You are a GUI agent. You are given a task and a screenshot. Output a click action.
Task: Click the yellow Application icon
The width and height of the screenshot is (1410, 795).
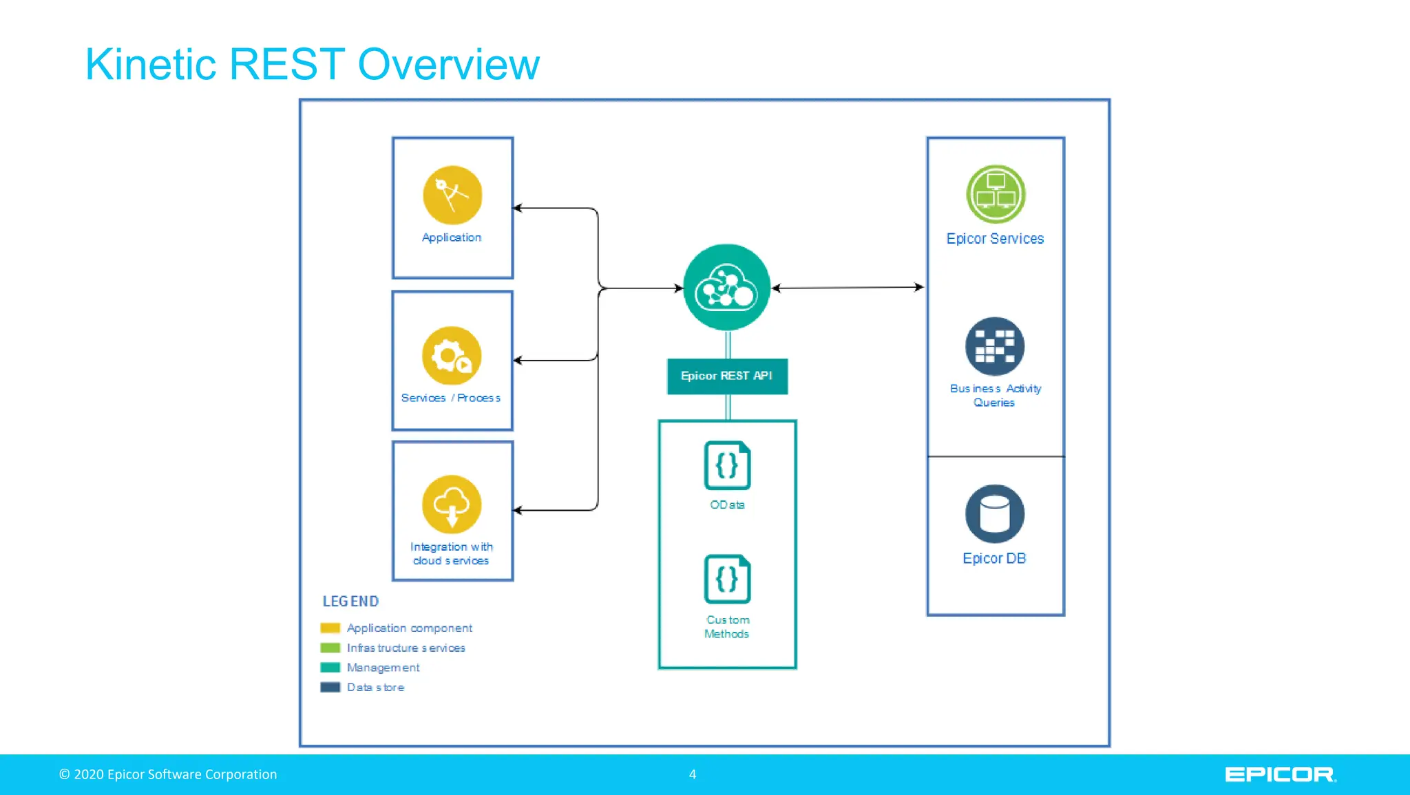[452, 195]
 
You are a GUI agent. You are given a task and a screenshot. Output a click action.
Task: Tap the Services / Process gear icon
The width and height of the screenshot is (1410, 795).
[452, 355]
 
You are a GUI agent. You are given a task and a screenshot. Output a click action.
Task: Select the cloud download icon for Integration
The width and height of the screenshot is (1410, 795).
[452, 505]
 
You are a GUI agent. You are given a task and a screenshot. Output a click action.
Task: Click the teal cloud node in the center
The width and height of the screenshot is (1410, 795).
[726, 288]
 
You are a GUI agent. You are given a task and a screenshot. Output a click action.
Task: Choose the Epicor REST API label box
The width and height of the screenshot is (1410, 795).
[727, 376]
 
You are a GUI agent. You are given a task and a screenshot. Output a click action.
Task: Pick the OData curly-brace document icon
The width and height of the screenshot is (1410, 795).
[727, 465]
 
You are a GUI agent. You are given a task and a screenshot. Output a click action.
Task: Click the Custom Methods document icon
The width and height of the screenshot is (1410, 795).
[727, 579]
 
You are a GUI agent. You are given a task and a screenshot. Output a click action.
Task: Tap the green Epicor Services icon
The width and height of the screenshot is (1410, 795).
[996, 194]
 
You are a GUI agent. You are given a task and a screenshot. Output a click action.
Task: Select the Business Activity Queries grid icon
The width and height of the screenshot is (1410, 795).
[995, 346]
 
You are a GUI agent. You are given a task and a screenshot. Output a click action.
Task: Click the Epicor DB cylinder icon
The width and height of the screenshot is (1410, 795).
[995, 513]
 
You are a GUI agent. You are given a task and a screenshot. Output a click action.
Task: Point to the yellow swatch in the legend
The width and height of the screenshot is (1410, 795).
[330, 628]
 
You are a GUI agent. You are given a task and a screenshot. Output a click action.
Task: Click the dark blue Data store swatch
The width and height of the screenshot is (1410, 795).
[330, 687]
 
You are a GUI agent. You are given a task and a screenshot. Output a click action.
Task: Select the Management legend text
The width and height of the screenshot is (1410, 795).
[383, 668]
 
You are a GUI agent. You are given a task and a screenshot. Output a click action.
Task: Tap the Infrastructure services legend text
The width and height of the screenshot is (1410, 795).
[406, 648]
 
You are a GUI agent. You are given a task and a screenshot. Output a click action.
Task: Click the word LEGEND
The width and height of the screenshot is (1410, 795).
[350, 602]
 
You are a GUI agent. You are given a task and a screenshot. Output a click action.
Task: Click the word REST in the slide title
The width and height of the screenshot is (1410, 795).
[286, 65]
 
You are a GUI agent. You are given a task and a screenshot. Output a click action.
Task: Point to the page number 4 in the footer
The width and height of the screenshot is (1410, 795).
[693, 774]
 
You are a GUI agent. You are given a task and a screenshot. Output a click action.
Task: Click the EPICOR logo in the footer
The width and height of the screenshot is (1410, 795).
[1280, 775]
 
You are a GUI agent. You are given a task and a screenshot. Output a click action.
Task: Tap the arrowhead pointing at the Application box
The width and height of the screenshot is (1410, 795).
[518, 208]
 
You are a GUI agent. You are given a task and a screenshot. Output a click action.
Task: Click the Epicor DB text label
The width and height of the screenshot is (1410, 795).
[994, 558]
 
